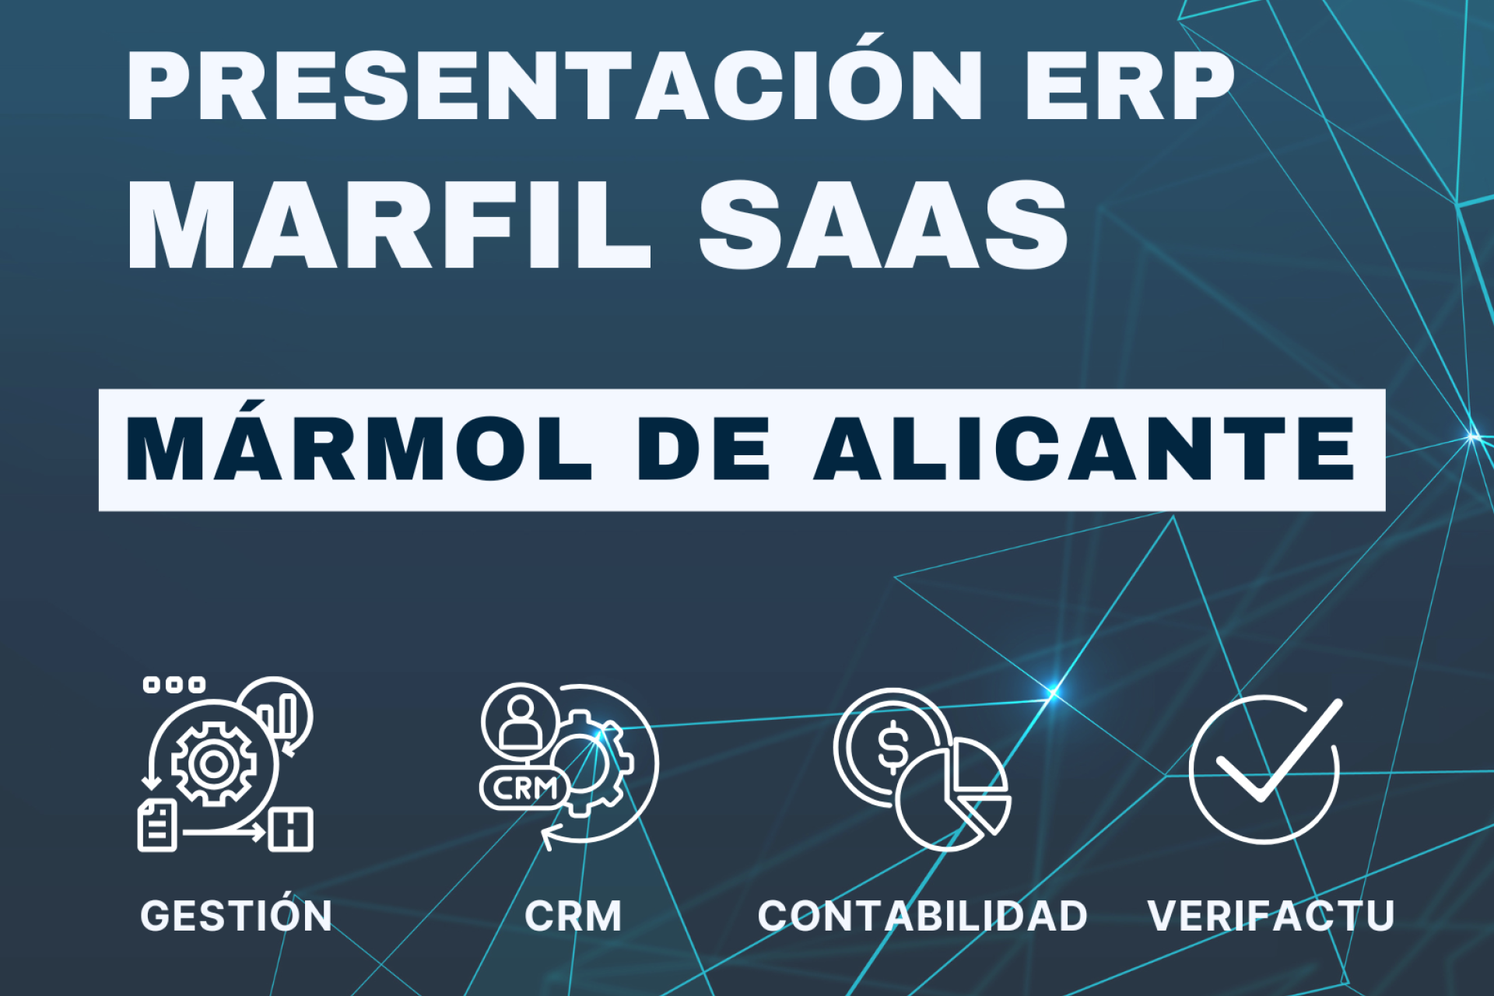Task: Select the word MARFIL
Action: coord(389,226)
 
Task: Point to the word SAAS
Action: coord(884,226)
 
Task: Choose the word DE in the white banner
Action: coord(703,450)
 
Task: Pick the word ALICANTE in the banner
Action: coord(1085,450)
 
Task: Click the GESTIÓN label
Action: coord(236,916)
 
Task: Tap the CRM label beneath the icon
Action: coord(573,916)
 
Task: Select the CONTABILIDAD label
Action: coord(923,916)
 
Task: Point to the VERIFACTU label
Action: coord(1271,916)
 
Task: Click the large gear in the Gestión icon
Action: coord(213,764)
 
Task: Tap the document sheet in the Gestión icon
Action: coord(158,826)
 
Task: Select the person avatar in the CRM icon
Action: coord(520,721)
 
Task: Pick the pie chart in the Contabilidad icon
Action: coord(956,797)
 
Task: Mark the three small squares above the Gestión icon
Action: coord(174,685)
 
